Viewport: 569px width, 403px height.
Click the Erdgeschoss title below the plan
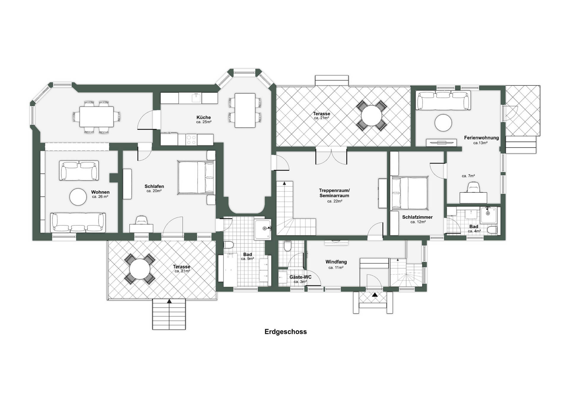pyautogui.click(x=285, y=332)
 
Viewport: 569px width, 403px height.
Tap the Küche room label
pyautogui.click(x=204, y=117)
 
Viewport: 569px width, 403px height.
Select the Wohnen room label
pyautogui.click(x=100, y=192)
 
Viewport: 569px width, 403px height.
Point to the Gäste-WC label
pyautogui.click(x=300, y=277)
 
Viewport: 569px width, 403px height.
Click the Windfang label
pyautogui.click(x=336, y=262)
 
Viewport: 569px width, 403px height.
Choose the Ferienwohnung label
pyautogui.click(x=481, y=138)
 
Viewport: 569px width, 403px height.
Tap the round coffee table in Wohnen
pyautogui.click(x=78, y=197)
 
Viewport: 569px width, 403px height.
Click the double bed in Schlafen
pyautogui.click(x=196, y=178)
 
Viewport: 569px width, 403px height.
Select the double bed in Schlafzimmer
pyautogui.click(x=409, y=193)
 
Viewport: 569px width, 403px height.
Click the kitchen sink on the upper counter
pyautogui.click(x=196, y=98)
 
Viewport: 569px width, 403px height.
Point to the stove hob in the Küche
pyautogui.click(x=191, y=140)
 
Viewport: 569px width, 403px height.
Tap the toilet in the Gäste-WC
pyautogui.click(x=287, y=246)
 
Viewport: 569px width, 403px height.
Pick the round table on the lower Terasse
pyautogui.click(x=140, y=269)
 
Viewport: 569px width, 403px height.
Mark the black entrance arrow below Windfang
pyautogui.click(x=375, y=295)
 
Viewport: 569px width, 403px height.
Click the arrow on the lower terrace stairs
pyautogui.click(x=169, y=301)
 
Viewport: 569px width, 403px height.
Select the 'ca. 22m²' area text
pyautogui.click(x=335, y=201)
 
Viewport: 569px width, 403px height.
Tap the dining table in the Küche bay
pyautogui.click(x=245, y=110)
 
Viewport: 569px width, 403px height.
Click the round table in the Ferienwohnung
pyautogui.click(x=443, y=123)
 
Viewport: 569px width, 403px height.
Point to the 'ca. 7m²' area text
pyautogui.click(x=468, y=176)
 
